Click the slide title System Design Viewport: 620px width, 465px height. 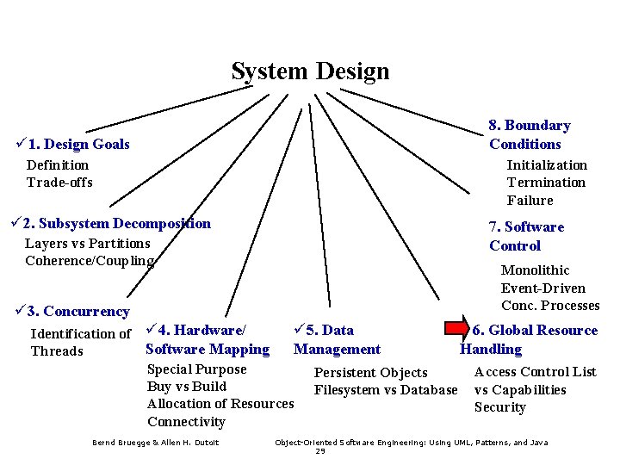click(310, 71)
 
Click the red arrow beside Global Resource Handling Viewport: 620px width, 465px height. click(457, 329)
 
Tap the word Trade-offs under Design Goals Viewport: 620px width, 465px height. click(59, 183)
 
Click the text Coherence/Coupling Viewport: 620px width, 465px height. click(90, 261)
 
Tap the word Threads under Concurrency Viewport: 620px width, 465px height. click(57, 351)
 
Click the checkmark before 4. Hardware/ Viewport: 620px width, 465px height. click(151, 330)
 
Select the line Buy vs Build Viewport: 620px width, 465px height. click(187, 387)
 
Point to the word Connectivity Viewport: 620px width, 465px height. click(186, 422)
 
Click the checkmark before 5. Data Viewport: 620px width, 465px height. click(300, 330)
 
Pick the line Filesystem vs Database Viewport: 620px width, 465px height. click(386, 390)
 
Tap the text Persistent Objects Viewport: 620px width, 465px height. click(370, 373)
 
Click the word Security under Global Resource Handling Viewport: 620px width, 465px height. click(499, 407)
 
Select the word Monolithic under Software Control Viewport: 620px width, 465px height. click(535, 270)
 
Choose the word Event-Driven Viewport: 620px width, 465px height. click(542, 288)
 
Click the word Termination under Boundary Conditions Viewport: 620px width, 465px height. click(546, 183)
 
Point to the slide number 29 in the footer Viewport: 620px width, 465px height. click(320, 451)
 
